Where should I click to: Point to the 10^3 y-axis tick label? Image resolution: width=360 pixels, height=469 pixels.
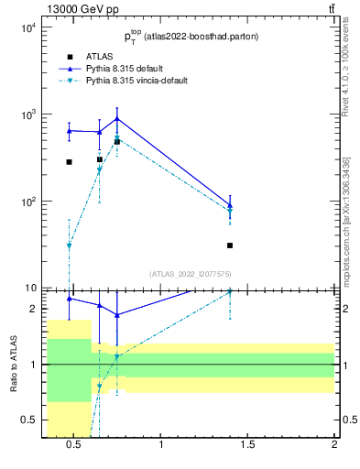(27, 115)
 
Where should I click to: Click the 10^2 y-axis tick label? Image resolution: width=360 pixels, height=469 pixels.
(27, 202)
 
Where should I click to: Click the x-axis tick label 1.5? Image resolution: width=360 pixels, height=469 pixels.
(247, 445)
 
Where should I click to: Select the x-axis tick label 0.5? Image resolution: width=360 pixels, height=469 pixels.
(74, 445)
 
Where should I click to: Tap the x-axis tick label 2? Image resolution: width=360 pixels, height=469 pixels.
(334, 445)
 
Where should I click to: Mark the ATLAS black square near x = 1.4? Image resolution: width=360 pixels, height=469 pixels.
(230, 245)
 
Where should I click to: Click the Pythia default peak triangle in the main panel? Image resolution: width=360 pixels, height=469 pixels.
(117, 118)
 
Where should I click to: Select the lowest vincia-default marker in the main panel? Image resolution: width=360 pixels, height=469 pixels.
(69, 245)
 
